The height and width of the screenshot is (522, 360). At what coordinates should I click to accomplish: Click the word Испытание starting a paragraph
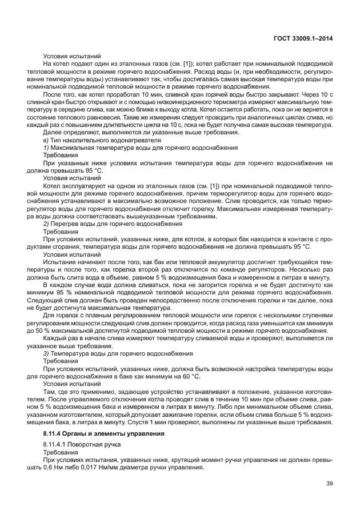click(x=59, y=261)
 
